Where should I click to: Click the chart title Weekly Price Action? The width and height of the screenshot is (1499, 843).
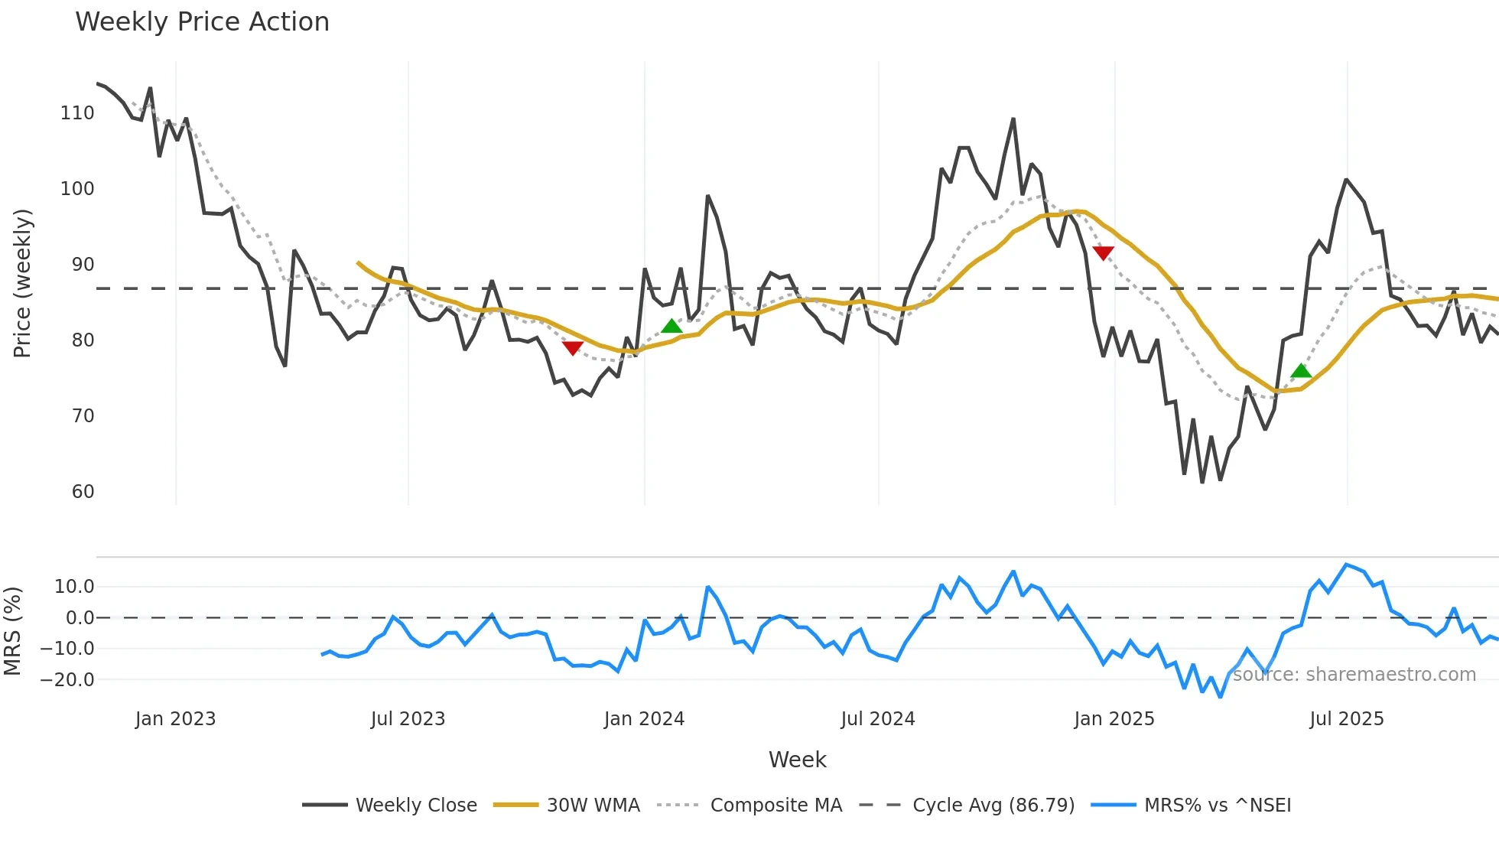point(202,22)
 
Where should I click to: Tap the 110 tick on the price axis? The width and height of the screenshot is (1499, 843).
point(77,113)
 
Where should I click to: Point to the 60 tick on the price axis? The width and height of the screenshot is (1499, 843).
point(83,492)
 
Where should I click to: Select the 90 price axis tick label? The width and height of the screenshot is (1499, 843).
point(83,265)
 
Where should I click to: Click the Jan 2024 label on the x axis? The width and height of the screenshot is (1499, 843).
point(644,719)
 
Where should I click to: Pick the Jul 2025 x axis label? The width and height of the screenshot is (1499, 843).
point(1347,719)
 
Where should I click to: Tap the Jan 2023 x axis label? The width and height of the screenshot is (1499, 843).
point(175,719)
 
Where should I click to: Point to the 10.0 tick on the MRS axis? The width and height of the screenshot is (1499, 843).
point(74,587)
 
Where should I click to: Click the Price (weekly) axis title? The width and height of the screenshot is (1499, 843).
point(22,283)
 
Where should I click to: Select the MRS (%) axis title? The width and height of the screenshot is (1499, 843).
point(12,631)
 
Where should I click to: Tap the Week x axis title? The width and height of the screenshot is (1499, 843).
point(797,760)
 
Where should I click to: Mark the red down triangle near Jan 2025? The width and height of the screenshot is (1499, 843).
point(1103,252)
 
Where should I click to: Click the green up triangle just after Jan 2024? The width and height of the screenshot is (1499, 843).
point(671,327)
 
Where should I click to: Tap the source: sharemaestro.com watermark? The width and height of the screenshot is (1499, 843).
point(1354,675)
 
